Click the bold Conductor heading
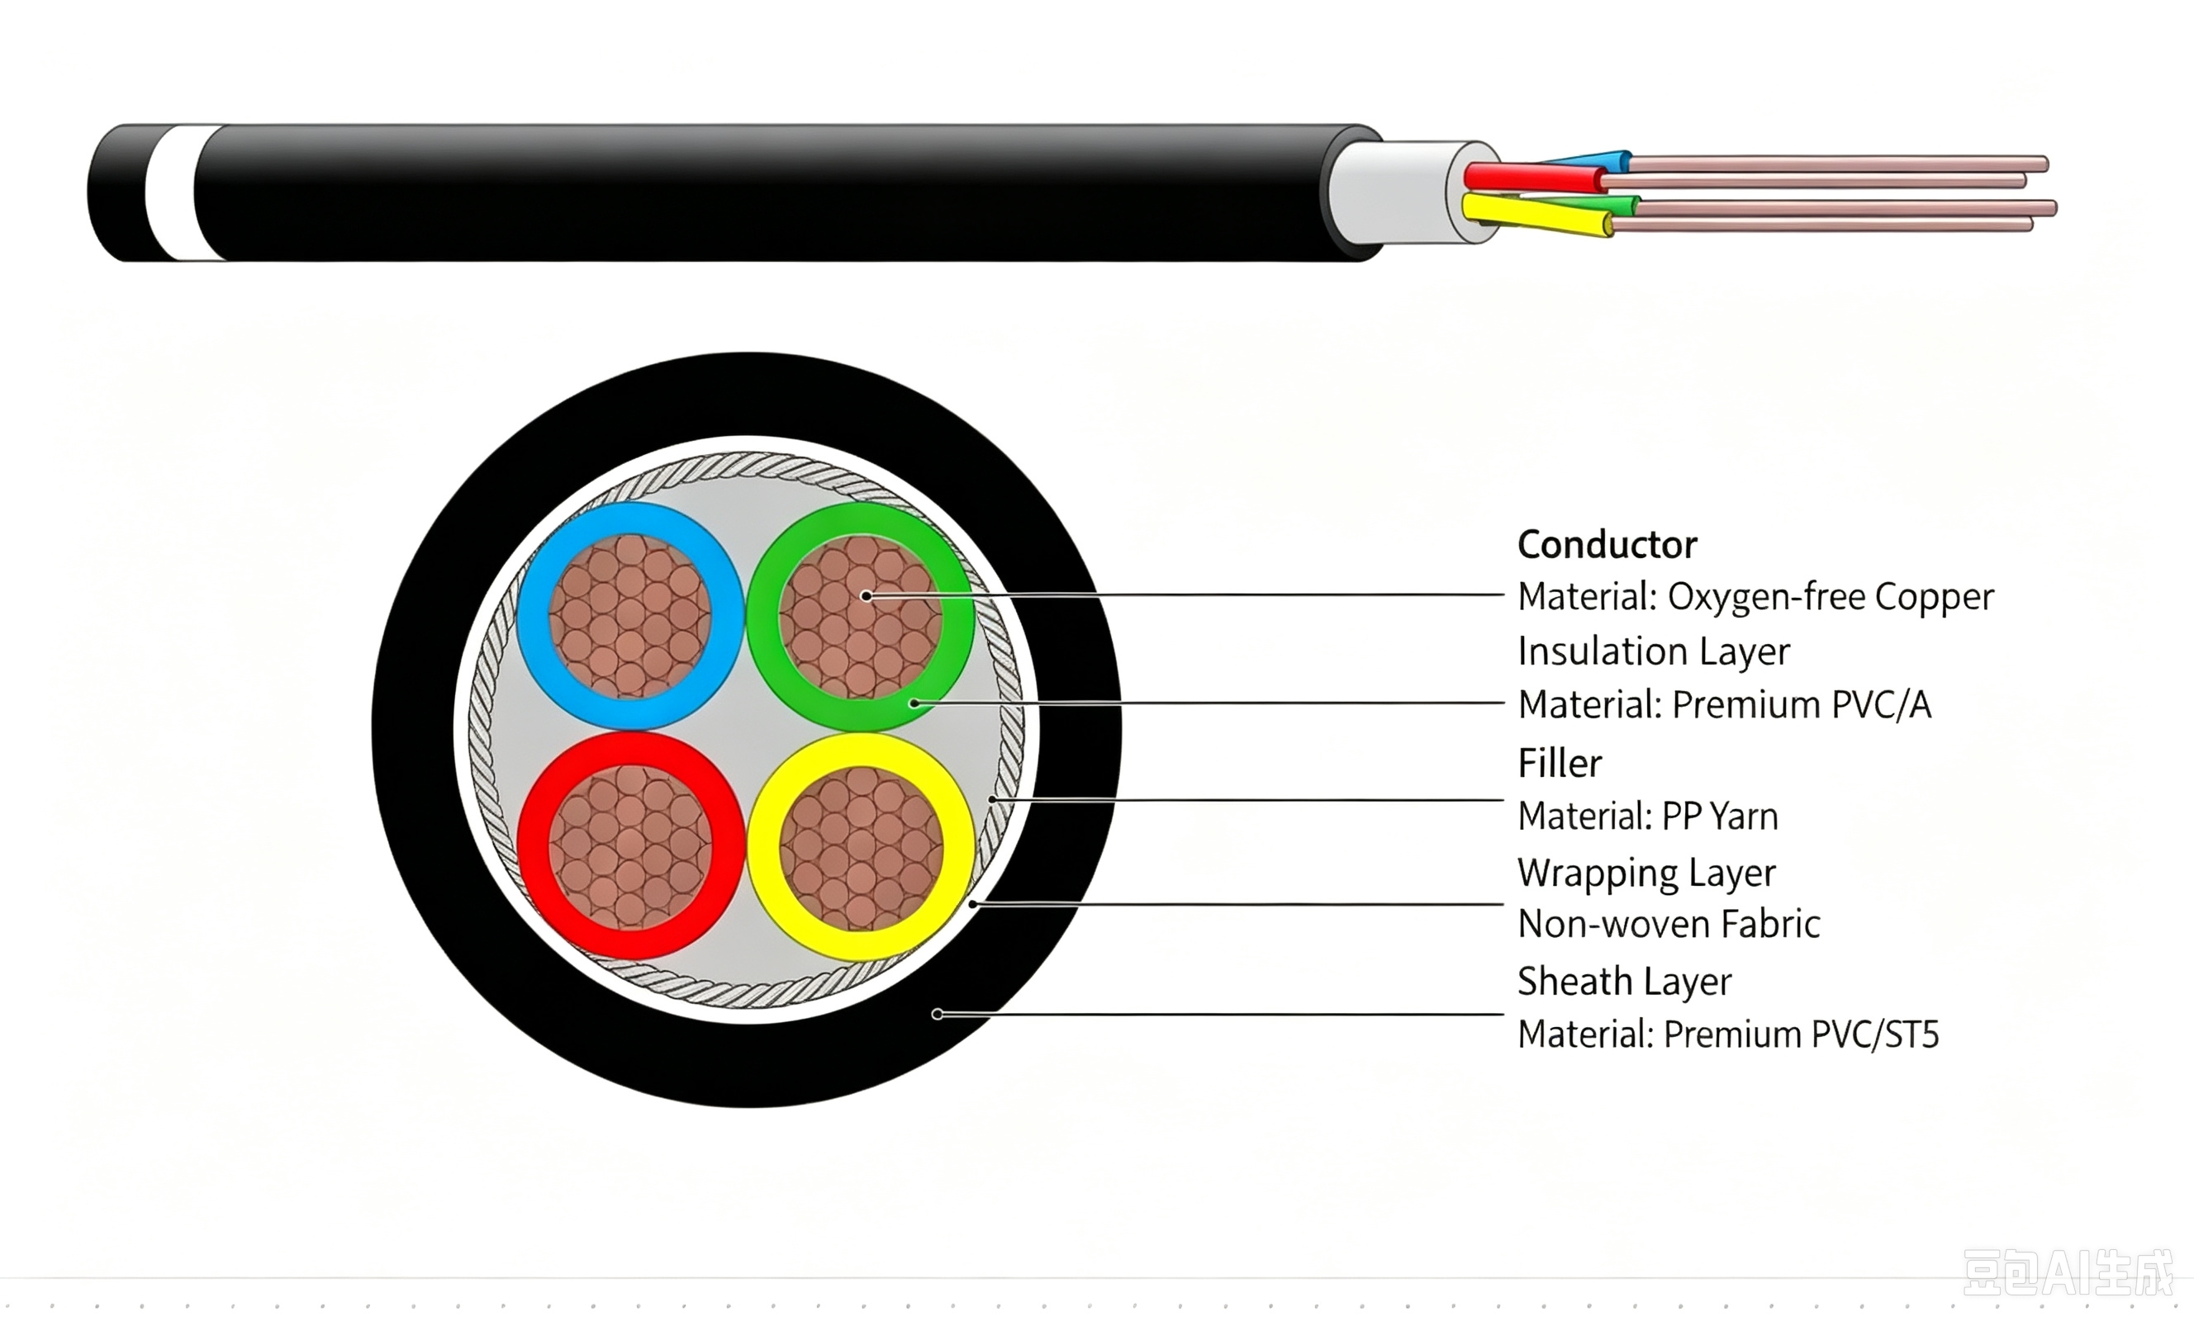coord(1608,545)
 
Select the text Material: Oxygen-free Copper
coord(1755,597)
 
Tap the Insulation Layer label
coord(1654,651)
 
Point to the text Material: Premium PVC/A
coord(1725,705)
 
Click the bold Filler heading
coord(1559,764)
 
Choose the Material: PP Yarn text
coord(1647,817)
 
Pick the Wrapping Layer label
coord(1646,874)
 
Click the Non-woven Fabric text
coord(1669,924)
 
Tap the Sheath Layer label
coord(1624,982)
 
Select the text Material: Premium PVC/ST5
coord(1728,1035)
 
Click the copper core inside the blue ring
coord(629,616)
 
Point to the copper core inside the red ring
coord(629,846)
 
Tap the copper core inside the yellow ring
coord(861,848)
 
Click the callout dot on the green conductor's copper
coord(867,595)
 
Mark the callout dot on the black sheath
coord(937,1014)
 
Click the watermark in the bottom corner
coord(2068,1273)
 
